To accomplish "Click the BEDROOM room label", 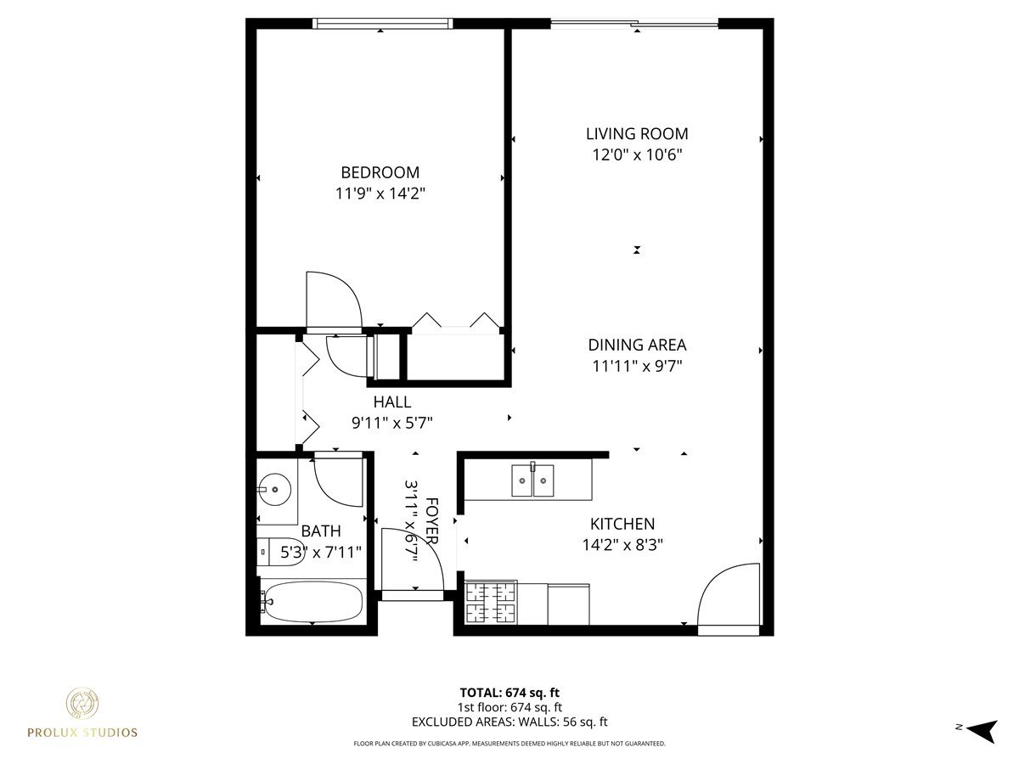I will (380, 172).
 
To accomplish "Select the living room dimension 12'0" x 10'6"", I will (637, 154).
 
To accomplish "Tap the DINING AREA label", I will (637, 345).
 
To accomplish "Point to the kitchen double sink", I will (532, 480).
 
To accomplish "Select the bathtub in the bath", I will (312, 602).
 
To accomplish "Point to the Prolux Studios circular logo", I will (82, 704).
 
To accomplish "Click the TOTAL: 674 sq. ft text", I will (509, 692).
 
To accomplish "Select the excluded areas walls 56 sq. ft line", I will (509, 722).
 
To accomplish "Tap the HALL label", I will (391, 402).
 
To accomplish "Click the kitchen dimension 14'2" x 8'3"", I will (622, 545).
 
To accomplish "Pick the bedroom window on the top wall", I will (382, 24).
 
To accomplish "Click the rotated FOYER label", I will (432, 521).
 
